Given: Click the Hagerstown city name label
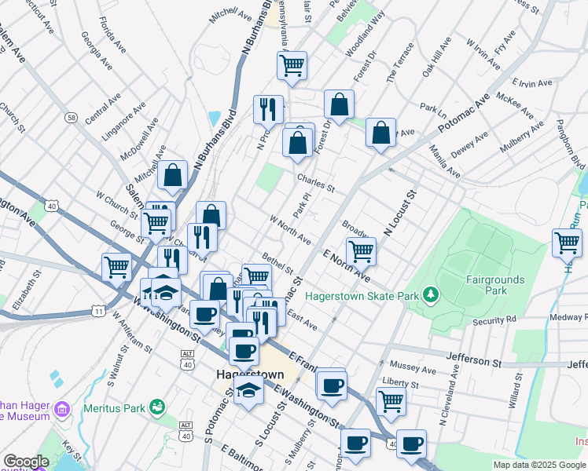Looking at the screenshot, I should [250, 374].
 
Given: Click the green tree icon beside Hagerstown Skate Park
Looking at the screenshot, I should [430, 295].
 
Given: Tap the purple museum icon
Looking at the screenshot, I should [62, 409].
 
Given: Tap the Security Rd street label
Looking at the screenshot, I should [495, 321].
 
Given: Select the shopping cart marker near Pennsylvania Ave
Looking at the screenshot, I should [292, 65].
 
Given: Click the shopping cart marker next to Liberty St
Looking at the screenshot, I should [391, 401].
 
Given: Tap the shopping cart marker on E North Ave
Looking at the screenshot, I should [361, 251].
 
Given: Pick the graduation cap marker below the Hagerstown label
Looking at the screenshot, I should [249, 389].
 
